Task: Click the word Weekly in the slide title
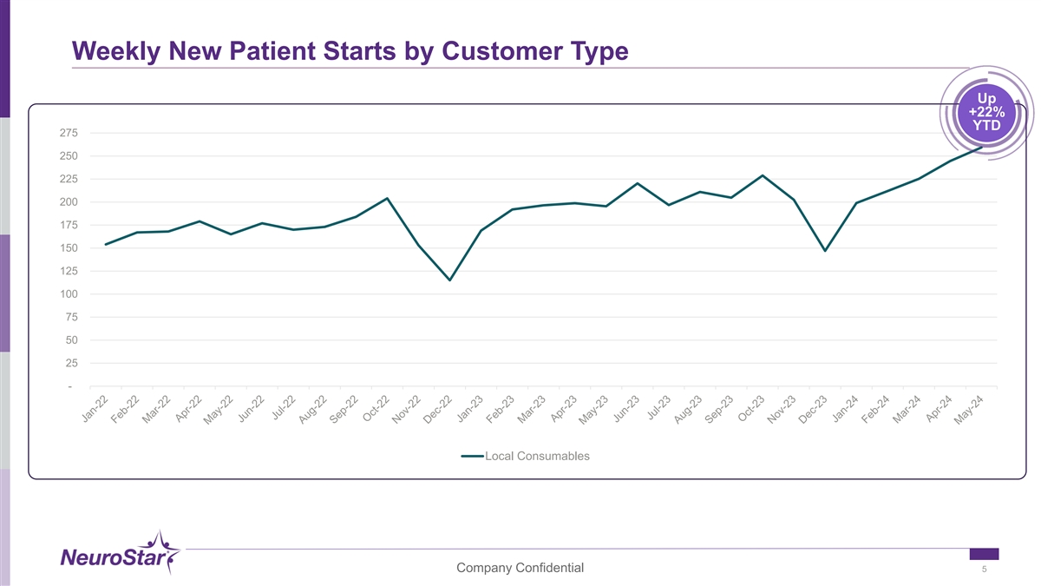tap(116, 51)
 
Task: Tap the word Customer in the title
tap(502, 51)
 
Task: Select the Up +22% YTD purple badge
tap(986, 113)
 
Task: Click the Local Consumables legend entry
tap(525, 457)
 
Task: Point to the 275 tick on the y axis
tap(69, 133)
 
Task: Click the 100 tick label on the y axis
tap(69, 294)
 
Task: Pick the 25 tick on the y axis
tap(71, 363)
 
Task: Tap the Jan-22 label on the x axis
tap(95, 409)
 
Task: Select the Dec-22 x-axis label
tap(437, 409)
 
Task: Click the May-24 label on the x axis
tap(968, 410)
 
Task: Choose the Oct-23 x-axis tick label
tap(751, 408)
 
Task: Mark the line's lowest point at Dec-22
tap(450, 280)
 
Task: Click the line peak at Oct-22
tap(387, 199)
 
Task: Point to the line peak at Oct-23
tap(763, 175)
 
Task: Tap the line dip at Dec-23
tap(825, 251)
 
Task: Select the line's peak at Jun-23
tap(638, 183)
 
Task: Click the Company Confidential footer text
tap(520, 568)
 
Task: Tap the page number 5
tap(984, 570)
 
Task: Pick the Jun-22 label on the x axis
tap(251, 409)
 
